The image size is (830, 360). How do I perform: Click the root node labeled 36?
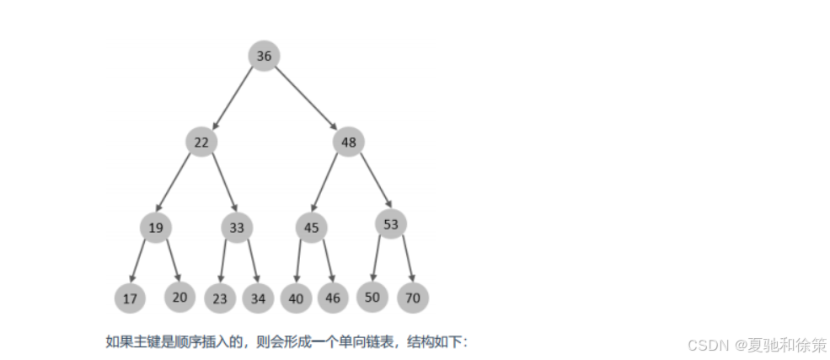pos(264,56)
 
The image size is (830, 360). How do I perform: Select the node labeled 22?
pos(201,142)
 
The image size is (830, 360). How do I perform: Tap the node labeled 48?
pos(348,142)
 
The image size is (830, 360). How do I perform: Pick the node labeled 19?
pos(156,227)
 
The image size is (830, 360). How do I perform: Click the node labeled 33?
pos(237,227)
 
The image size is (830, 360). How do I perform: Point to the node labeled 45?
pos(311,227)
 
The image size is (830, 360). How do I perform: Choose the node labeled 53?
pos(390,223)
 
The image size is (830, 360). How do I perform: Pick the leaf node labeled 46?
pos(334,297)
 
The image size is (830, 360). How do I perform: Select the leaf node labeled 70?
pos(413,297)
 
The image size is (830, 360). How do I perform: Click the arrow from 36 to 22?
pos(233,99)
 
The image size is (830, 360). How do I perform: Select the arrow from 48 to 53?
pos(375,180)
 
